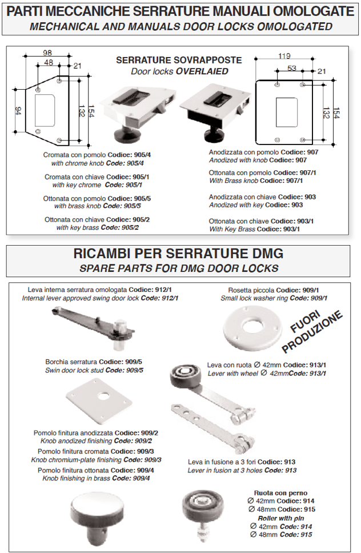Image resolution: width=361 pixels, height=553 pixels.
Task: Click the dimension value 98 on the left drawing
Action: pyautogui.click(x=47, y=53)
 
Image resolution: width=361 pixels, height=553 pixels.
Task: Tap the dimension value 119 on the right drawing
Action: pyautogui.click(x=284, y=56)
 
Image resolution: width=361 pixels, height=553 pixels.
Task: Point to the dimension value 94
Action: pyautogui.click(x=18, y=111)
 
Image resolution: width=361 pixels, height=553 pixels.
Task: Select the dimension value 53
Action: pyautogui.click(x=292, y=68)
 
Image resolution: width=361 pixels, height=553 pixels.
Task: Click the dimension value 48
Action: pyautogui.click(x=49, y=62)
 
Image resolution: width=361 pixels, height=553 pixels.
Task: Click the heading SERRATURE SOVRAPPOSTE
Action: pyautogui.click(x=179, y=61)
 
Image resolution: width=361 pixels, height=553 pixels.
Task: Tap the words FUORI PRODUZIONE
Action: pyautogui.click(x=312, y=331)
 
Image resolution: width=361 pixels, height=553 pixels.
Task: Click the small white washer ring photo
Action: pyautogui.click(x=253, y=328)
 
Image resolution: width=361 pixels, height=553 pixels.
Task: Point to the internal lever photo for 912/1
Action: pyautogui.click(x=93, y=327)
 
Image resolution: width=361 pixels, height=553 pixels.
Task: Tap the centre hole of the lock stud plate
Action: pyautogui.click(x=103, y=396)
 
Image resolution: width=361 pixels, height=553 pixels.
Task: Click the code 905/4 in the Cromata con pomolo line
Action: pyautogui.click(x=142, y=155)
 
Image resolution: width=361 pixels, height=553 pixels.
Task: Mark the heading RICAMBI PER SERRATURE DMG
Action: pyautogui.click(x=178, y=254)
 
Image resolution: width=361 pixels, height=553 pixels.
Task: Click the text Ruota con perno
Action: pyautogui.click(x=280, y=493)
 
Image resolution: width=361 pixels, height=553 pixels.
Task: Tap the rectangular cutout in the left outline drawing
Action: pyautogui.click(x=45, y=110)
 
